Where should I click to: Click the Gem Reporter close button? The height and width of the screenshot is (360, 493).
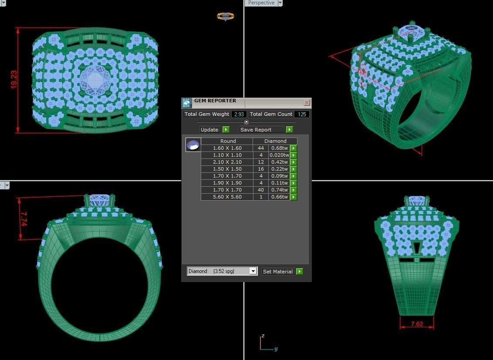coord(307,103)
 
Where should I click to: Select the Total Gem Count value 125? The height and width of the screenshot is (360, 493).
coord(302,114)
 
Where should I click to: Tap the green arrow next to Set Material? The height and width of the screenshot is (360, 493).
coord(300,271)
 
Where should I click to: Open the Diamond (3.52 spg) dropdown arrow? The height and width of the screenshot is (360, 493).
coord(253,271)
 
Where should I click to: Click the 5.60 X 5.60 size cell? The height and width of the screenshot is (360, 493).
coord(227,197)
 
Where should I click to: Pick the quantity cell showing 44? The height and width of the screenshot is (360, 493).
coord(261,148)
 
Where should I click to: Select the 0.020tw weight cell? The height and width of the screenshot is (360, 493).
coord(279,155)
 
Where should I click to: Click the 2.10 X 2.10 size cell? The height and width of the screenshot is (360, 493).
coord(227,162)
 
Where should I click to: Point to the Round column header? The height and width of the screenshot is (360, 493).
coord(228,141)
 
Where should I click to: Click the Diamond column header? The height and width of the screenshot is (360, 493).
coord(275,141)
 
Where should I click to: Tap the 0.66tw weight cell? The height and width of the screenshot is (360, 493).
coord(279,197)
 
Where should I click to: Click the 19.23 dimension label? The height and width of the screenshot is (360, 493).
coord(14,80)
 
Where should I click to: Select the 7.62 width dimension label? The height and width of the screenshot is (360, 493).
coord(417,324)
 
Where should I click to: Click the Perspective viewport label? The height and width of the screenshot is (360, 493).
coord(261,3)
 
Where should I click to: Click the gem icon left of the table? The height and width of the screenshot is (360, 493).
coord(193,145)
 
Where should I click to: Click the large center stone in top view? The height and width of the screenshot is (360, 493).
coord(95,80)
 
